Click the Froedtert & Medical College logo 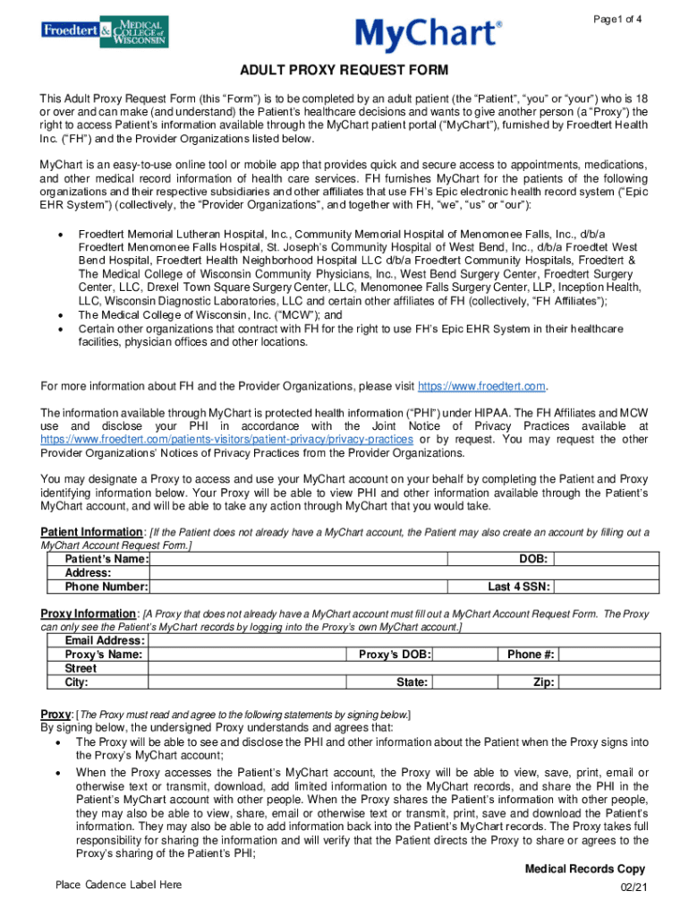click(104, 32)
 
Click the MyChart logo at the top click(429, 35)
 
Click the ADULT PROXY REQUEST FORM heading click(344, 71)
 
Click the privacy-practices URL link click(226, 440)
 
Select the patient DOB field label click(533, 559)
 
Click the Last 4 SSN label click(519, 587)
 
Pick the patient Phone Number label click(106, 587)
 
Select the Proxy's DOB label click(395, 655)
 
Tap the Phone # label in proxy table click(531, 655)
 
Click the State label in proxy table click(412, 682)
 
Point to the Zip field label click(543, 682)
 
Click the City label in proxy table click(77, 682)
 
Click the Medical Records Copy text click(582, 869)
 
